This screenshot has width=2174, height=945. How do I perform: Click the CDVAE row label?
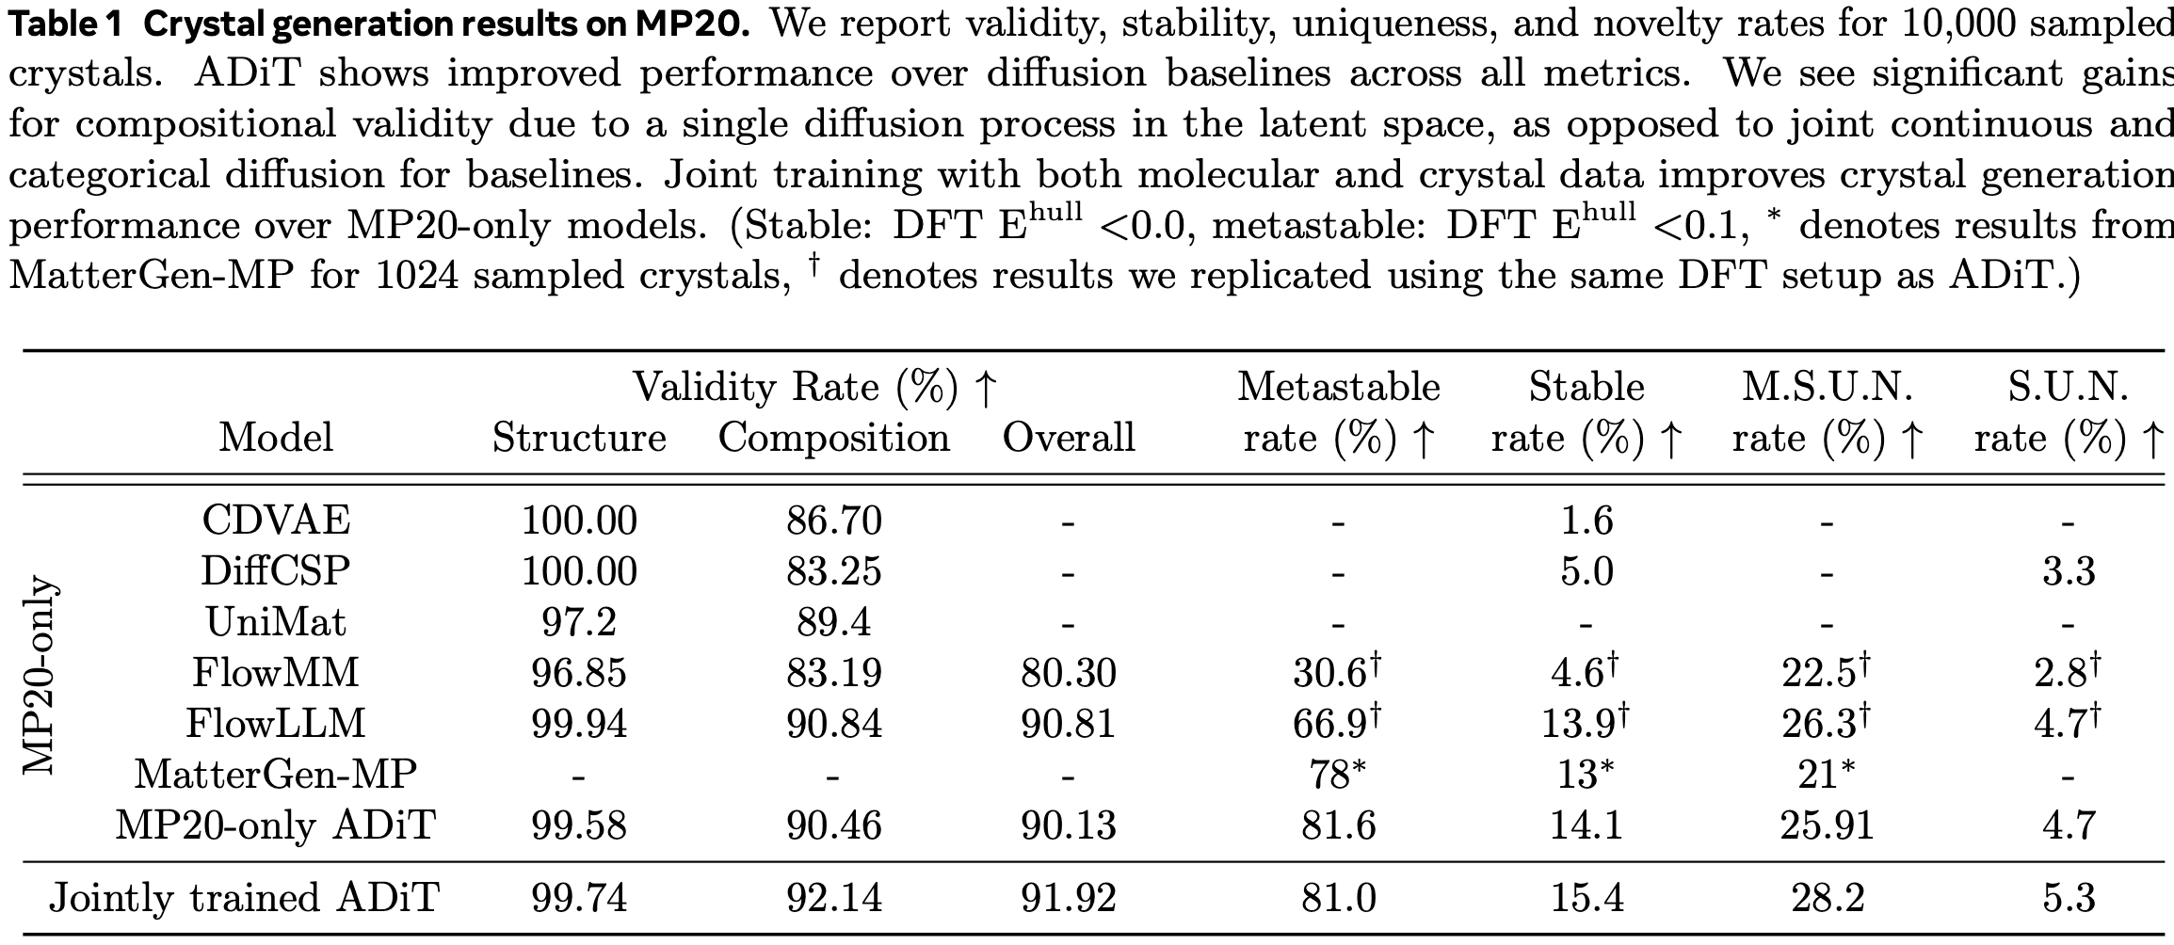tap(276, 520)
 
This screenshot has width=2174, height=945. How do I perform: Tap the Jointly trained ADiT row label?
tap(244, 897)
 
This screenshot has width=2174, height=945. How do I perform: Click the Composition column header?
tap(833, 438)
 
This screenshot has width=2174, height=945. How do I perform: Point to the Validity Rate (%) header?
tap(813, 387)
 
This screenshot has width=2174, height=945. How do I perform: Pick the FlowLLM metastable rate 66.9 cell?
tap(1337, 723)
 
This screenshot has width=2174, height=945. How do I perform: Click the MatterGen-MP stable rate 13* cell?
tap(1586, 774)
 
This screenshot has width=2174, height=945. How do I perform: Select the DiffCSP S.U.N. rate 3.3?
tap(2068, 570)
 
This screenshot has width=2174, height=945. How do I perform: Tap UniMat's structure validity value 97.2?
tap(579, 621)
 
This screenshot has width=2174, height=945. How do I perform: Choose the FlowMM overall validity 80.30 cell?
tap(1069, 672)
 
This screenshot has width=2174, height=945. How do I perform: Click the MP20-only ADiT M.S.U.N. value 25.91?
tap(1827, 825)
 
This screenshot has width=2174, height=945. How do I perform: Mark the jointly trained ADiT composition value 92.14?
tap(834, 897)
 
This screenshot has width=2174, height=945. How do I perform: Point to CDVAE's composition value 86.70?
tap(834, 520)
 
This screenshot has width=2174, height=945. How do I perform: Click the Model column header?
tap(276, 438)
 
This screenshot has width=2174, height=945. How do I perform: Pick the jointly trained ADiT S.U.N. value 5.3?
tap(2068, 897)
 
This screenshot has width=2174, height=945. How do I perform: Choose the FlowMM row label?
tap(276, 672)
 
